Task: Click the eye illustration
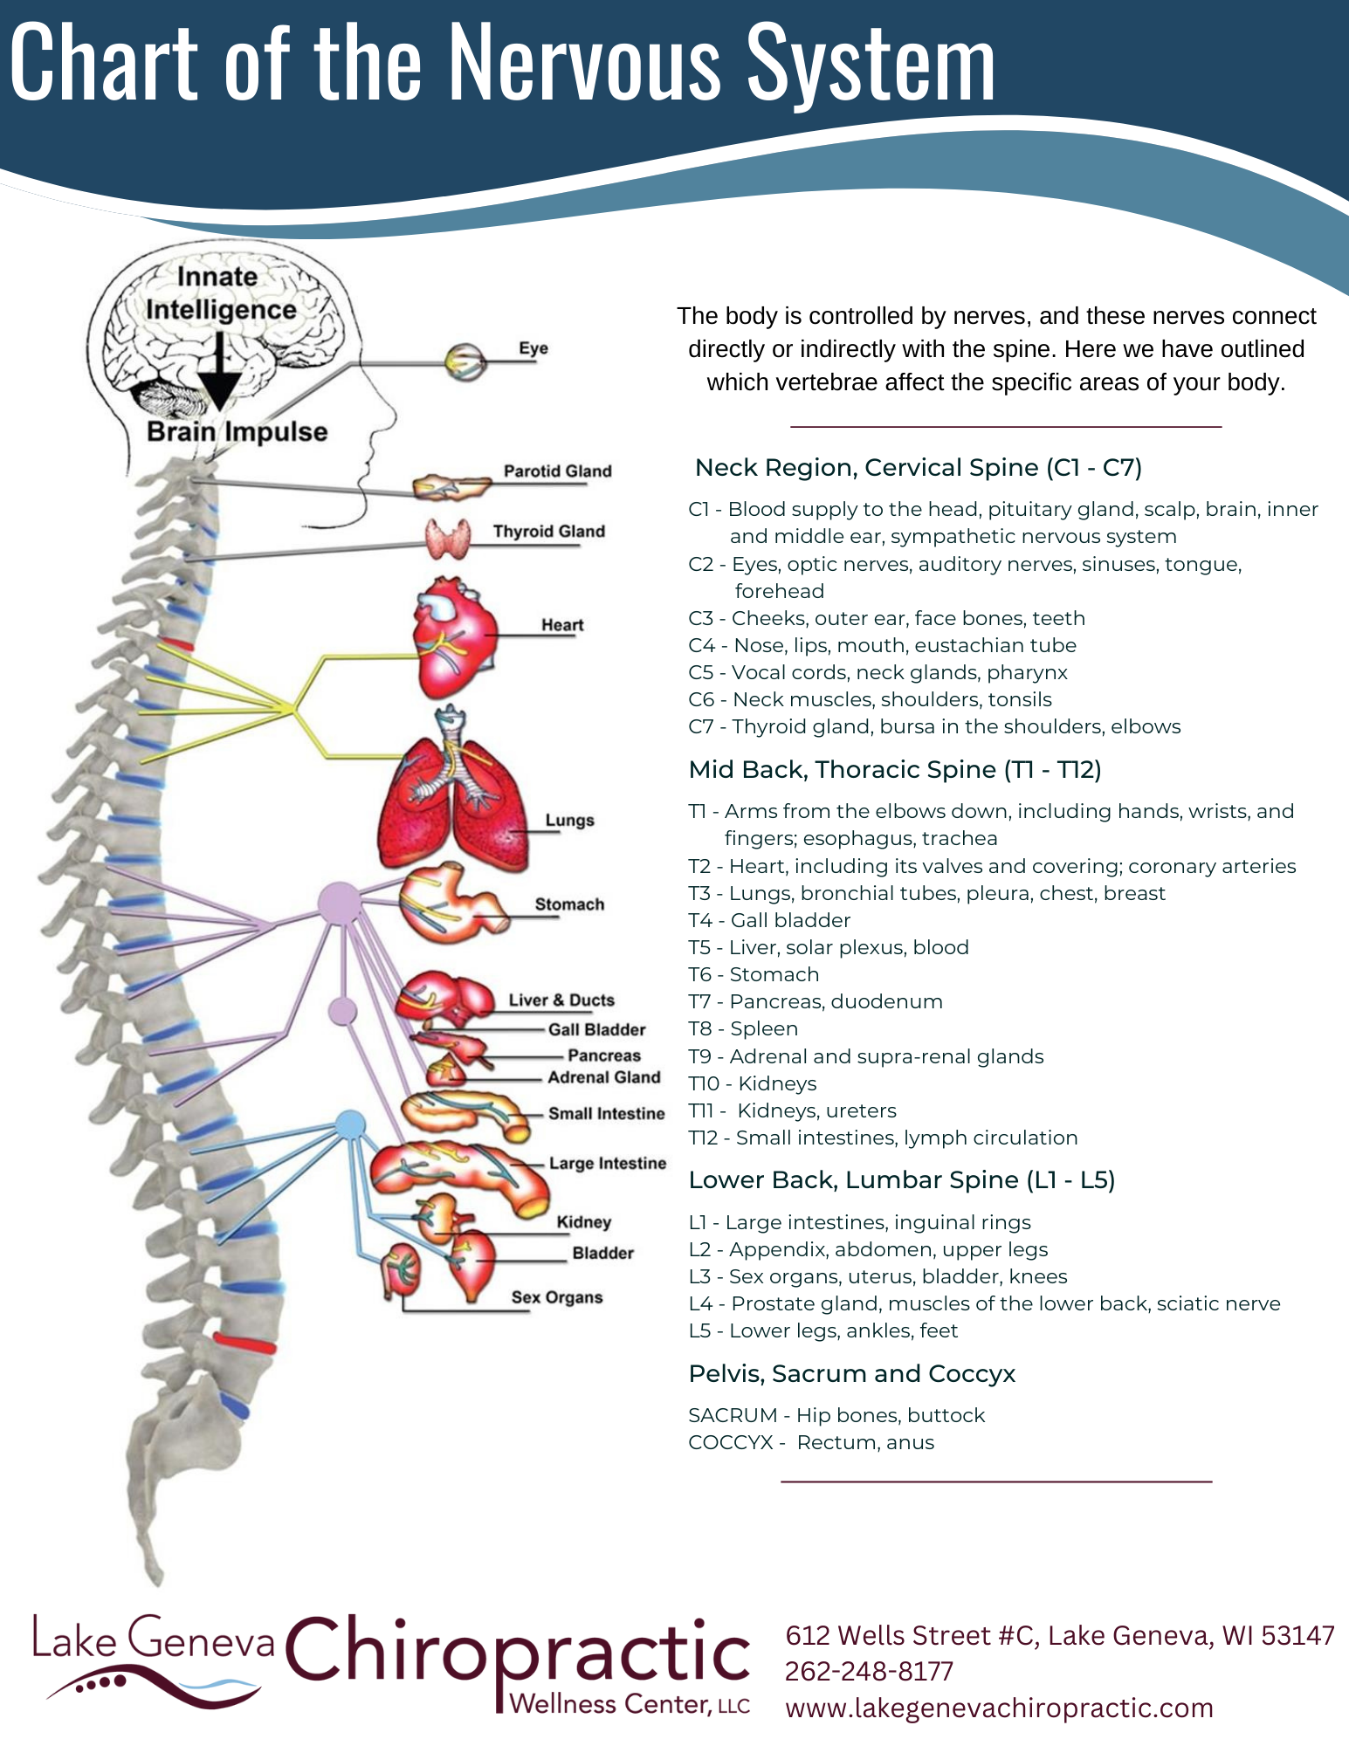click(465, 361)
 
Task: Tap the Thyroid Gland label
click(548, 532)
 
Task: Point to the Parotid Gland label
click(557, 471)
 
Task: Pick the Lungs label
click(569, 821)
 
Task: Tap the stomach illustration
click(453, 904)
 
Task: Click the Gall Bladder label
click(597, 1030)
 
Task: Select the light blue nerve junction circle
click(350, 1125)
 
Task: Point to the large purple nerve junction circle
click(339, 904)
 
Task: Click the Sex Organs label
click(557, 1298)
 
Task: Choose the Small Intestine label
click(606, 1114)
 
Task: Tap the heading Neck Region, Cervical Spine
click(919, 468)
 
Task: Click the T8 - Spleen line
click(743, 1029)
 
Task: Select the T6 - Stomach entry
click(754, 975)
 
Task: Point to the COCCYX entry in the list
click(811, 1443)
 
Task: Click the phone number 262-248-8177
click(869, 1672)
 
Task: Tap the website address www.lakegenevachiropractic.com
click(999, 1708)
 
